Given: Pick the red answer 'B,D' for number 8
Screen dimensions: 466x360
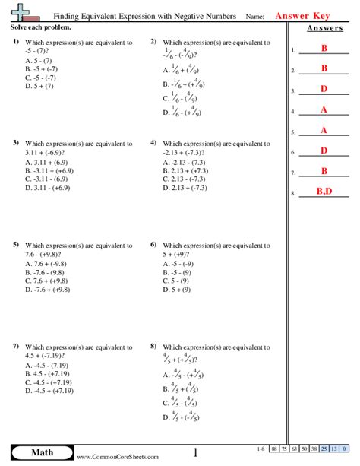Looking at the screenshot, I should pos(324,192).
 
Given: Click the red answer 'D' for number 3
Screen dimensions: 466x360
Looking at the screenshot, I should pos(324,90).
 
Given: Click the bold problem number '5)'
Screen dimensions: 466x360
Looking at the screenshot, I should pos(15,245).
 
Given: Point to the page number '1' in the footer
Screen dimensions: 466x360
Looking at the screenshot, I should pos(195,453).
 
